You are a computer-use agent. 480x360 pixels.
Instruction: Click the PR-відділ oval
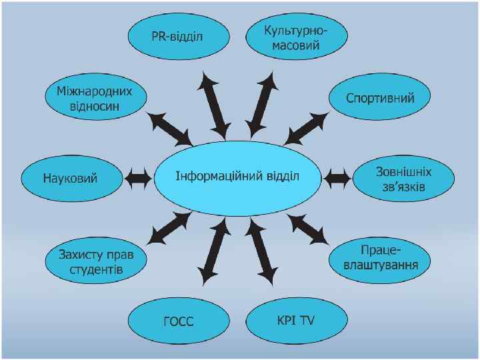[177, 36]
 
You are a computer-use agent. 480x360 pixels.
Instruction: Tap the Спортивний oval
[380, 98]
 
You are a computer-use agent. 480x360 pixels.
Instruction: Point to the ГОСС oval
[178, 321]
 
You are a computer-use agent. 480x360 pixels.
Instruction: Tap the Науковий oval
[71, 179]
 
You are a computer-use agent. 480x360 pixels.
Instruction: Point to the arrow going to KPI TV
[261, 251]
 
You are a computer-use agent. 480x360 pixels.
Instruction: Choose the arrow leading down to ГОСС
[214, 252]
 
